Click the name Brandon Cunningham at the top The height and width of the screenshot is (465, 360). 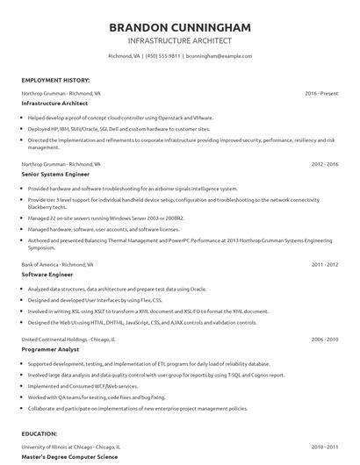(179, 27)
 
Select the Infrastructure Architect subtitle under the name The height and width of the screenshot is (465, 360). (179, 40)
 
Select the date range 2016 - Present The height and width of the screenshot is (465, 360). (321, 92)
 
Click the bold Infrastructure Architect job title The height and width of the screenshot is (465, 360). (54, 103)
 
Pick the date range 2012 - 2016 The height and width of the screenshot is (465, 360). (325, 163)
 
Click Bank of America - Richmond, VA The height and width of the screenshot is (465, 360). (52, 263)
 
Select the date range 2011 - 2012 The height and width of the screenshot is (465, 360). (325, 263)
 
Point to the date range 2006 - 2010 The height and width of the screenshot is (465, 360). (325, 338)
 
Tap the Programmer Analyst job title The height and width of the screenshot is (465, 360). (50, 348)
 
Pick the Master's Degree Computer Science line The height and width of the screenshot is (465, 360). (69, 456)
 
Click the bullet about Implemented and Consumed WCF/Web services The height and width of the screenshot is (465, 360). (83, 385)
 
